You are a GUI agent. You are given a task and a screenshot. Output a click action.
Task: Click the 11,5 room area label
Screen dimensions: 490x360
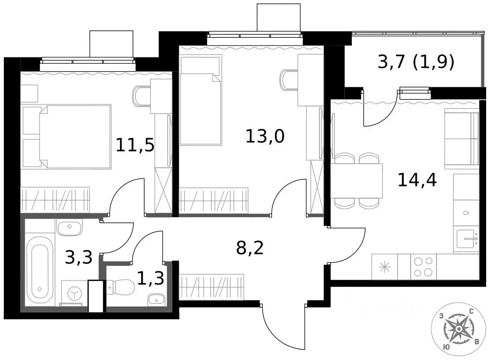pyautogui.click(x=135, y=145)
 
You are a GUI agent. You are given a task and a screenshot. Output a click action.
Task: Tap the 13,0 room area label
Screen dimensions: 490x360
pyautogui.click(x=265, y=136)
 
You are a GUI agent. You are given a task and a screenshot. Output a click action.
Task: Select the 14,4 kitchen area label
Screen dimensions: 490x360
pyautogui.click(x=417, y=180)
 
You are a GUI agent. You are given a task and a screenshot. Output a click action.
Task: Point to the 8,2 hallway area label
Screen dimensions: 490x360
pyautogui.click(x=250, y=248)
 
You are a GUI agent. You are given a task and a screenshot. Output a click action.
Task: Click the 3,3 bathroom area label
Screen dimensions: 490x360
pyautogui.click(x=79, y=257)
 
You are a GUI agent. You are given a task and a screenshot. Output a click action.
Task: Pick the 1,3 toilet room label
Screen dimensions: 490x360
pyautogui.click(x=150, y=278)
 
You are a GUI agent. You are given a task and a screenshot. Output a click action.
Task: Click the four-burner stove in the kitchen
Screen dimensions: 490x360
pyautogui.click(x=423, y=267)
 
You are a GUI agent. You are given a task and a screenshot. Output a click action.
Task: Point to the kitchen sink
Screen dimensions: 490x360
pyautogui.click(x=466, y=239)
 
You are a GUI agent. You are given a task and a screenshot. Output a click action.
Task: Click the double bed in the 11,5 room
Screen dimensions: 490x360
pyautogui.click(x=75, y=137)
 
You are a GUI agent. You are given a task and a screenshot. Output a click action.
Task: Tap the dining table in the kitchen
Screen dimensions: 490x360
pyautogui.click(x=357, y=181)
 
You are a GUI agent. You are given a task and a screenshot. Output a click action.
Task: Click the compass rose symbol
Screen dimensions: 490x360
pyautogui.click(x=459, y=329)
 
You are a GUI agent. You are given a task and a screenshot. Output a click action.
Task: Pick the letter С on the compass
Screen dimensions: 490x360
pyautogui.click(x=471, y=311)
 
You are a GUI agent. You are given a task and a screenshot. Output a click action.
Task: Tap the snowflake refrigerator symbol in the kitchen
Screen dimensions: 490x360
pyautogui.click(x=384, y=267)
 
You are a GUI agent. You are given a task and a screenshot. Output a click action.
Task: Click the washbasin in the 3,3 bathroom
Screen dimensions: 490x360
pyautogui.click(x=70, y=227)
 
